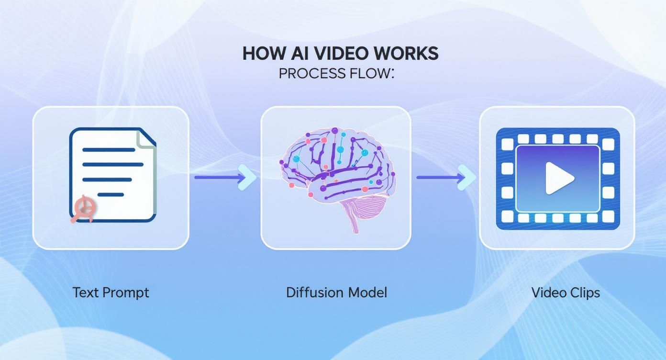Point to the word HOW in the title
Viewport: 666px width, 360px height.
(x=261, y=53)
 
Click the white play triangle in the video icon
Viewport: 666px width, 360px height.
(x=559, y=178)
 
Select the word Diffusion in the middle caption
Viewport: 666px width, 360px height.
(x=314, y=292)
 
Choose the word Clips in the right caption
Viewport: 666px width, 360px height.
(x=585, y=293)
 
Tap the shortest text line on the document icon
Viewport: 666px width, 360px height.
(x=111, y=195)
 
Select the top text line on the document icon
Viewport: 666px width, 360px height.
(x=109, y=149)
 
